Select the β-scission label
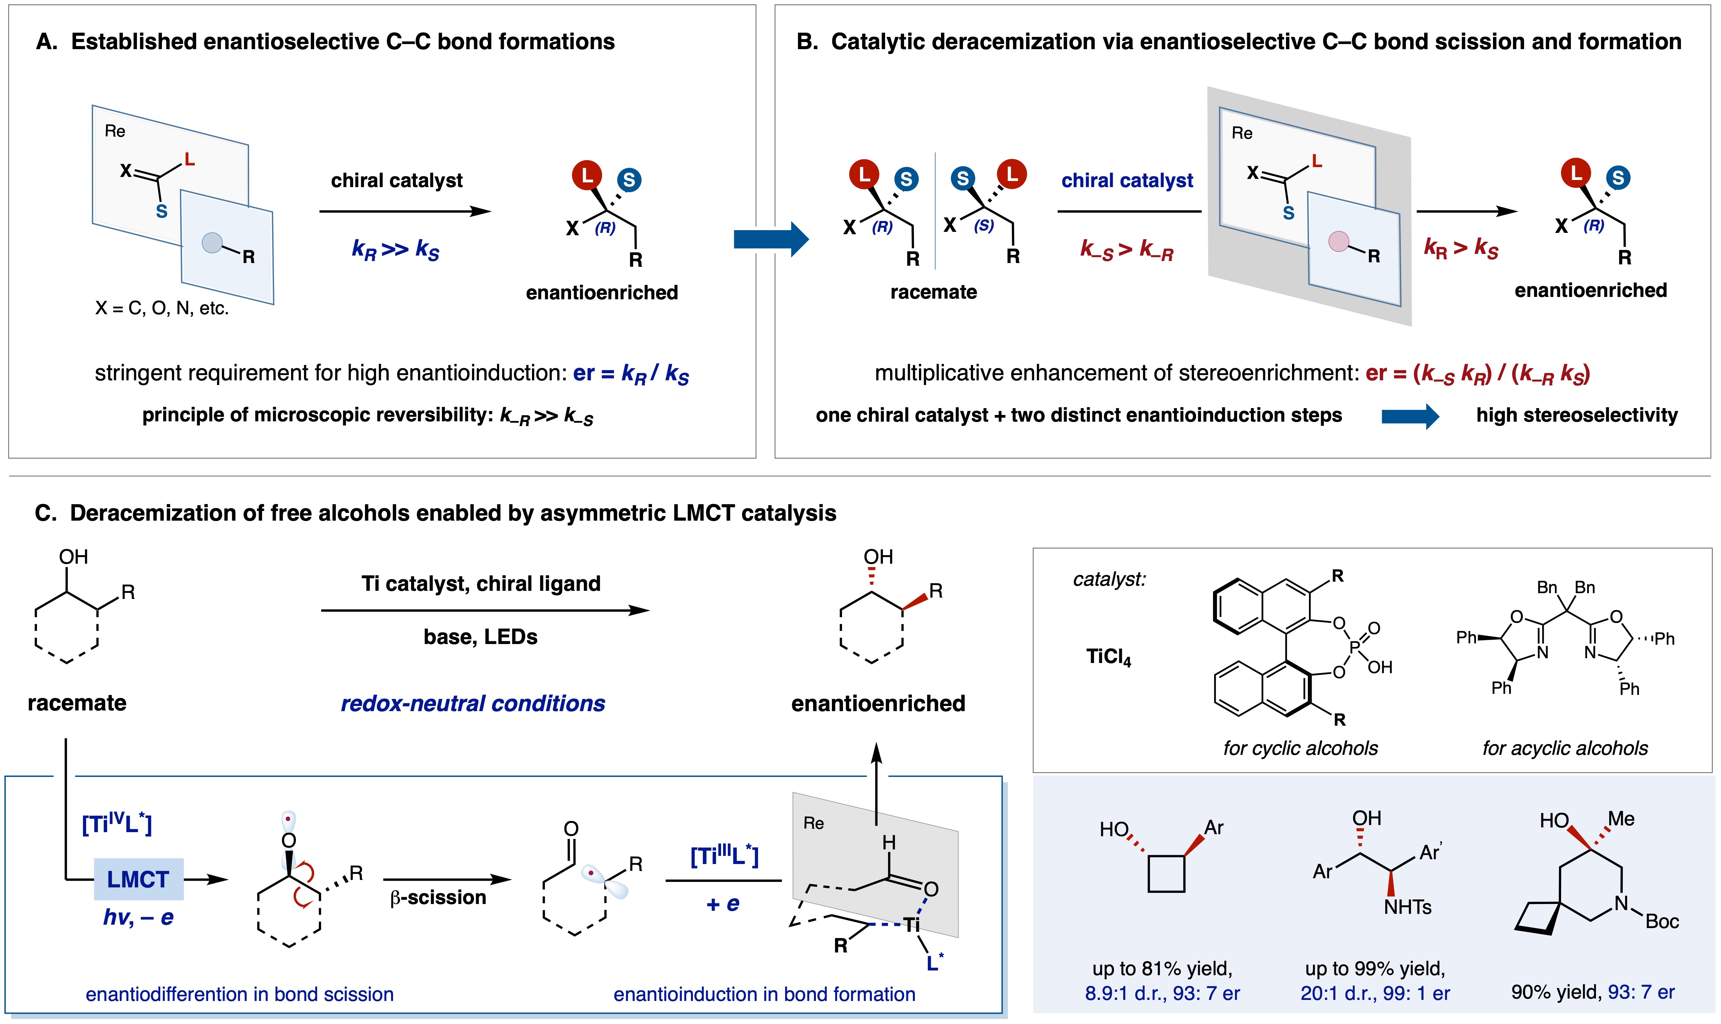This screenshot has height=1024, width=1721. coord(438,897)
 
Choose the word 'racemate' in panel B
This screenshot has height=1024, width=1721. coord(933,292)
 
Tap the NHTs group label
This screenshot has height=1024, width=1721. coord(1407,907)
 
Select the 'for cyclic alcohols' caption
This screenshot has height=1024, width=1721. coord(1300,748)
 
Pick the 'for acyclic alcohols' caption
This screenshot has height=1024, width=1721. coord(1564,748)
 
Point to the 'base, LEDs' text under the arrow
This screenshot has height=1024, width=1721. coord(480,636)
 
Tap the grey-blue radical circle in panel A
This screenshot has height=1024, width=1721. coord(212,242)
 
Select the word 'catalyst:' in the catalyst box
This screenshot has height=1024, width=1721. coord(1109,579)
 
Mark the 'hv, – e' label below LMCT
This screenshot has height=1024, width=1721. coord(138,917)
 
